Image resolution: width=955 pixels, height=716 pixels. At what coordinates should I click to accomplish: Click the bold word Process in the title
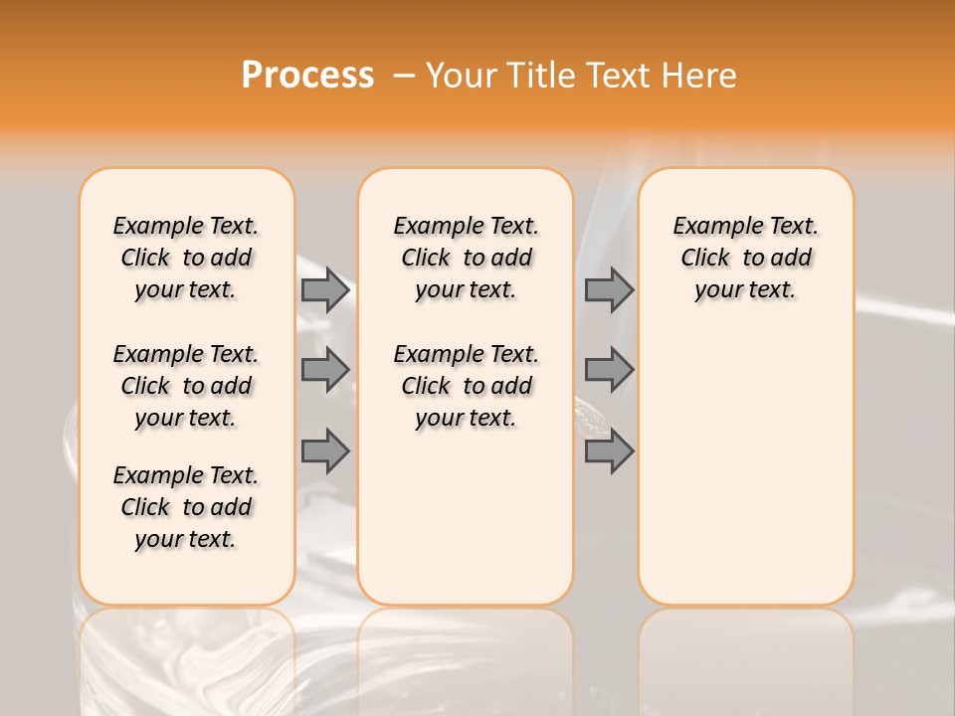click(x=307, y=76)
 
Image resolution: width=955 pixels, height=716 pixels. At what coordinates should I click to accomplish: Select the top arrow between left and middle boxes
click(x=325, y=289)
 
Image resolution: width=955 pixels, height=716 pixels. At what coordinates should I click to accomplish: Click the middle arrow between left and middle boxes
click(x=325, y=370)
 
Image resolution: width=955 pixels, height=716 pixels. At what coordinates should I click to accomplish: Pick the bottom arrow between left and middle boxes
click(x=325, y=450)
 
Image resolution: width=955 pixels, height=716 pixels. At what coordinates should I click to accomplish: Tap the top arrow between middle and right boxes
click(x=609, y=289)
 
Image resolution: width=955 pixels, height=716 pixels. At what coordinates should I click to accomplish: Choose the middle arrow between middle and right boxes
click(x=609, y=370)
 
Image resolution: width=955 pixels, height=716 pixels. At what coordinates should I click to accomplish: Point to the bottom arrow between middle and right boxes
click(x=609, y=450)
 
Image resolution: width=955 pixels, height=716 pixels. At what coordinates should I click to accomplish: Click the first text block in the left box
click(x=186, y=258)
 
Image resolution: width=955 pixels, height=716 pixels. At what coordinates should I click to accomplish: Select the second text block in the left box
click(x=186, y=386)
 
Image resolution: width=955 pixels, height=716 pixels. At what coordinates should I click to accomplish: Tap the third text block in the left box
click(x=186, y=507)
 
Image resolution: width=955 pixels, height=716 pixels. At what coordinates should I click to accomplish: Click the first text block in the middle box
click(x=466, y=258)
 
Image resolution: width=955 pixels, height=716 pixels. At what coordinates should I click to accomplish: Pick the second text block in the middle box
click(x=466, y=386)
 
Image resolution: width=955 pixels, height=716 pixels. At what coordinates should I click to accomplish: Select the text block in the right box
click(x=746, y=258)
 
